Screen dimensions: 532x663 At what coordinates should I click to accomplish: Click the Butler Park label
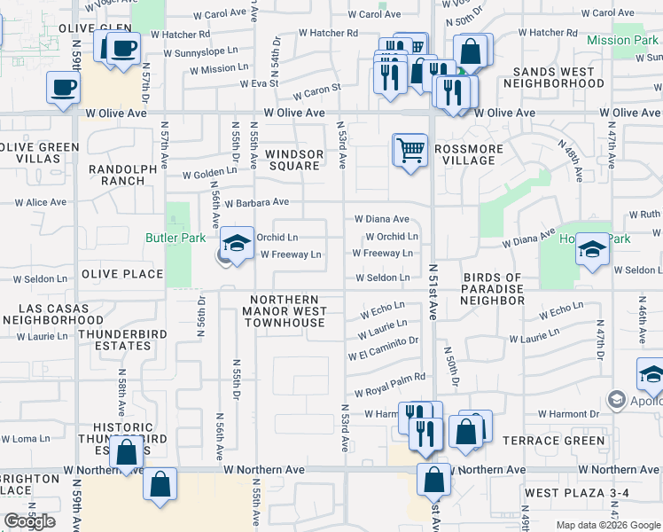pos(175,238)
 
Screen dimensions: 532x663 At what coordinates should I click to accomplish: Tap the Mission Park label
pos(622,40)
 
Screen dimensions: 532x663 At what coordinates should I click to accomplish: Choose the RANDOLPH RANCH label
pos(111,175)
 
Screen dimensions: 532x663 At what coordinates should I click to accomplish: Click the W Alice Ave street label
pos(35,202)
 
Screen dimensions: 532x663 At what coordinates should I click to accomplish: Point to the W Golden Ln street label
pos(210,174)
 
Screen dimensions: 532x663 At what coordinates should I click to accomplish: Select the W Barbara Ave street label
pos(257,202)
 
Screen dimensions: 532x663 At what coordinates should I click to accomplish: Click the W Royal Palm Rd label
pos(390,379)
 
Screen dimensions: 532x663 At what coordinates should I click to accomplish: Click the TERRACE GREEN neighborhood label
pos(554,441)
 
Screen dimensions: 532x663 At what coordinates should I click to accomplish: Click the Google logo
pos(29,520)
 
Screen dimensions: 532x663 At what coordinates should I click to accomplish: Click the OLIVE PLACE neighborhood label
pos(122,274)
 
